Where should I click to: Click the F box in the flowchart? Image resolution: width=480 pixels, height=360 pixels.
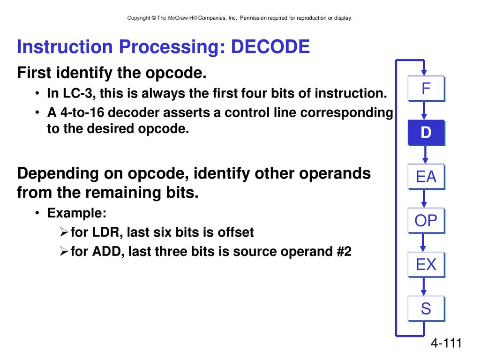[x=426, y=89]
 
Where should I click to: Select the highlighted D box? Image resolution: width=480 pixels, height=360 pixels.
[x=426, y=133]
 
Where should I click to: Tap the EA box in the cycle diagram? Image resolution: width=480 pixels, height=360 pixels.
[x=426, y=177]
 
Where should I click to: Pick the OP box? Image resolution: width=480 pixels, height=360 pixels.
[x=426, y=221]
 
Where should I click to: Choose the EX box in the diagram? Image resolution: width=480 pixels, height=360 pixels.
[x=426, y=264]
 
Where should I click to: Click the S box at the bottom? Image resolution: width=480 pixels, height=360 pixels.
[x=426, y=308]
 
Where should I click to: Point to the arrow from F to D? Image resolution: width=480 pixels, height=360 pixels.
[x=424, y=111]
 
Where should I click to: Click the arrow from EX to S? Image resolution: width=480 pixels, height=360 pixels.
[x=424, y=286]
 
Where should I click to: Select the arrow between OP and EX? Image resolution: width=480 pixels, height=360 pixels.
[x=423, y=243]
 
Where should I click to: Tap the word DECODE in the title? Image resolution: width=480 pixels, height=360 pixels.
[x=270, y=46]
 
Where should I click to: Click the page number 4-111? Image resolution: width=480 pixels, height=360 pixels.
[x=446, y=343]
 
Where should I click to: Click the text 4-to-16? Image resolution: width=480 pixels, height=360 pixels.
[x=82, y=112]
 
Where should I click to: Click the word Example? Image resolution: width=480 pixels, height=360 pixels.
[x=77, y=213]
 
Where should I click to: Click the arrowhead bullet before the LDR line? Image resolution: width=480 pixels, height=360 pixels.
[x=64, y=232]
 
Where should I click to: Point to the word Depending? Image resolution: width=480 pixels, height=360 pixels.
[x=58, y=173]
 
